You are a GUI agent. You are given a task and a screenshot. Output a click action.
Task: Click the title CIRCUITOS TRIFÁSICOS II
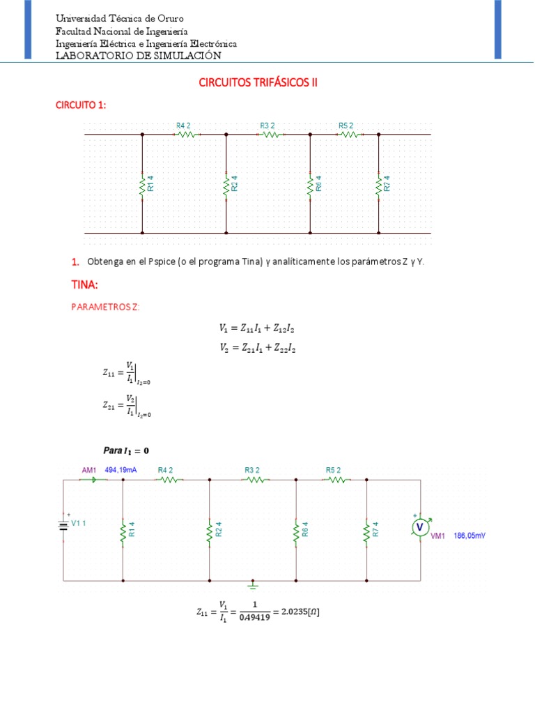[x=258, y=82]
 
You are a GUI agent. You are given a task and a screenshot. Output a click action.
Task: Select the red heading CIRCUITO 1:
[x=81, y=105]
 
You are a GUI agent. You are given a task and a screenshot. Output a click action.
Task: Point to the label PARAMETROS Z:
[x=104, y=307]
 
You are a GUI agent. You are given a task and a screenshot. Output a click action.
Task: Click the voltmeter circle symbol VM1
[x=420, y=528]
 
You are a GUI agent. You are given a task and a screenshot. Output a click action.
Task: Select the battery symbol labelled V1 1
[x=63, y=525]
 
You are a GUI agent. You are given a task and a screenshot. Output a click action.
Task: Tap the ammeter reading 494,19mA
[x=121, y=470]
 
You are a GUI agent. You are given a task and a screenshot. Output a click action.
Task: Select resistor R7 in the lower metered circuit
[x=366, y=532]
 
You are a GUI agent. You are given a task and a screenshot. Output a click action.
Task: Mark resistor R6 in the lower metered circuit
[x=296, y=532]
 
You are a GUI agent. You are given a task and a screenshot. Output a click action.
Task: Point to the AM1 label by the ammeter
[x=88, y=470]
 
